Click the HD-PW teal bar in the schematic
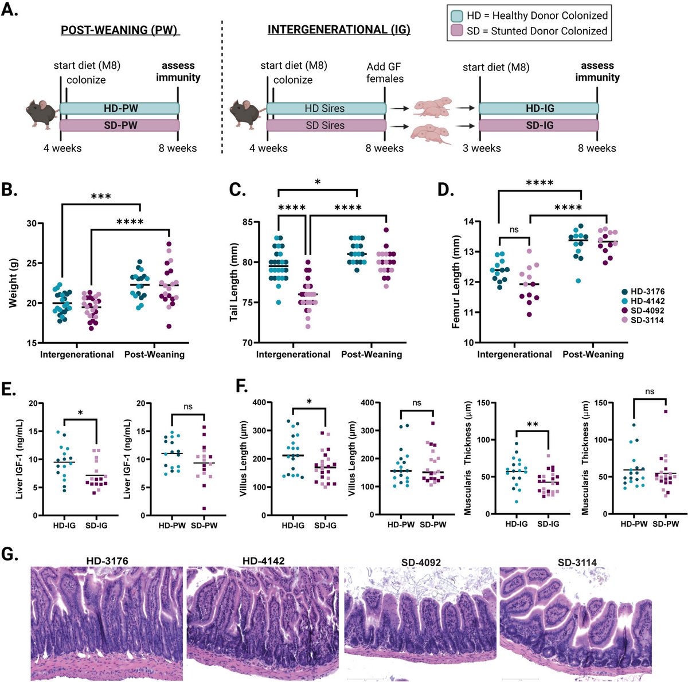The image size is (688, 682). pos(120,108)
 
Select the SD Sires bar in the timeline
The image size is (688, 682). pos(326,126)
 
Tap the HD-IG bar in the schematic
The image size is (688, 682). pos(539,108)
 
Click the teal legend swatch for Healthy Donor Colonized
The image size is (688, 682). pos(459,15)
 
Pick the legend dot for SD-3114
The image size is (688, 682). pos(626,320)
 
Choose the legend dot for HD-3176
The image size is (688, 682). pos(626,292)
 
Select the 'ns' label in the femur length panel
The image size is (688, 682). pos(513,229)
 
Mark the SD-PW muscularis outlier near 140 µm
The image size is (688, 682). pos(650,411)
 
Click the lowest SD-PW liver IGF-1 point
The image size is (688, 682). pos(204,508)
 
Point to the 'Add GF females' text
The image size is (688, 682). pos(385,73)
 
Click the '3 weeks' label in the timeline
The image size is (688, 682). pos(482,148)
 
